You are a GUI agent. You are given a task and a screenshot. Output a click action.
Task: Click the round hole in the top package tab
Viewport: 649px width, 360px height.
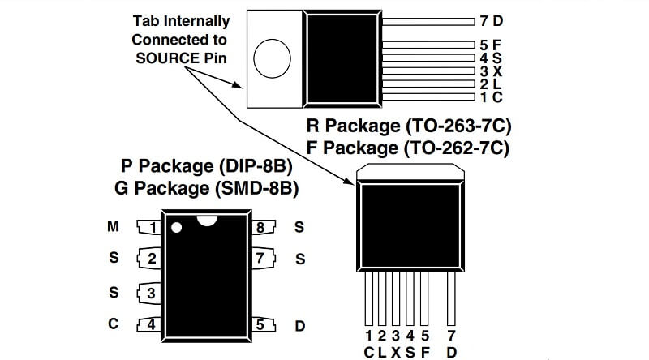click(272, 59)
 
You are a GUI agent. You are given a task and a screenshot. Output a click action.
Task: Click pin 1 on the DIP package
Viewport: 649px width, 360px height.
click(151, 228)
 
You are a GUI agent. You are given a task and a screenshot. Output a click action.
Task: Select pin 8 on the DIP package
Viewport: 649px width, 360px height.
click(260, 228)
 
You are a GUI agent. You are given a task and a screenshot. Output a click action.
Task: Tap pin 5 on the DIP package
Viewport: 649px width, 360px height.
click(260, 325)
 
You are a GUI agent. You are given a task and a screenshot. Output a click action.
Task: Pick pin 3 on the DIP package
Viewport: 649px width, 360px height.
click(151, 293)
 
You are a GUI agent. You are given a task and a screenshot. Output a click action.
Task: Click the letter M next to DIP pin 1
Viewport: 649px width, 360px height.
click(114, 227)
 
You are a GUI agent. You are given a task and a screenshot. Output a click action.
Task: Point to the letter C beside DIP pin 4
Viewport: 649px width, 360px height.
click(114, 324)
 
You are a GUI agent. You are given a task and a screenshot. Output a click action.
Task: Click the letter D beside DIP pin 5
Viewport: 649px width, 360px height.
click(299, 326)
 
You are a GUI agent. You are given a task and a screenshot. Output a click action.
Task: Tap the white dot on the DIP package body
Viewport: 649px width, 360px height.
click(176, 227)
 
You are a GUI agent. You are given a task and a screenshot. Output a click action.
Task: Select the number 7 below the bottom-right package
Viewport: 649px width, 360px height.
click(451, 335)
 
